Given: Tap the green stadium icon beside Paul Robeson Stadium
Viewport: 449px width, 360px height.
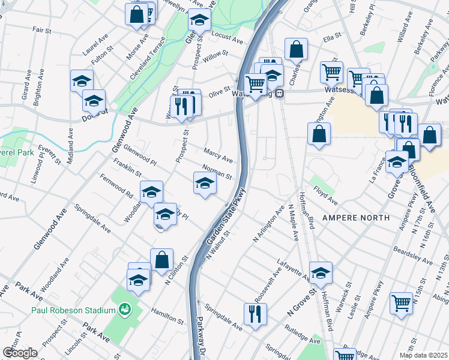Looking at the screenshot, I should [x=125, y=310].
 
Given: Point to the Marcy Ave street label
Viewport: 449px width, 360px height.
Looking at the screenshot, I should [x=218, y=156].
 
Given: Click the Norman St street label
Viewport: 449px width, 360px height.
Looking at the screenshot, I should [x=217, y=172].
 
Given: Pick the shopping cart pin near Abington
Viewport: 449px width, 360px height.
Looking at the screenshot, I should [x=401, y=302].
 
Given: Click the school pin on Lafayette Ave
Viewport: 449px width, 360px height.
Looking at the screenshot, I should [x=321, y=273].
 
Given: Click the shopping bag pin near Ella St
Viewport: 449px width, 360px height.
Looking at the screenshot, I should [x=296, y=49].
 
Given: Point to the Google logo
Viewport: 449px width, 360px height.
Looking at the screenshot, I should [x=20, y=353].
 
